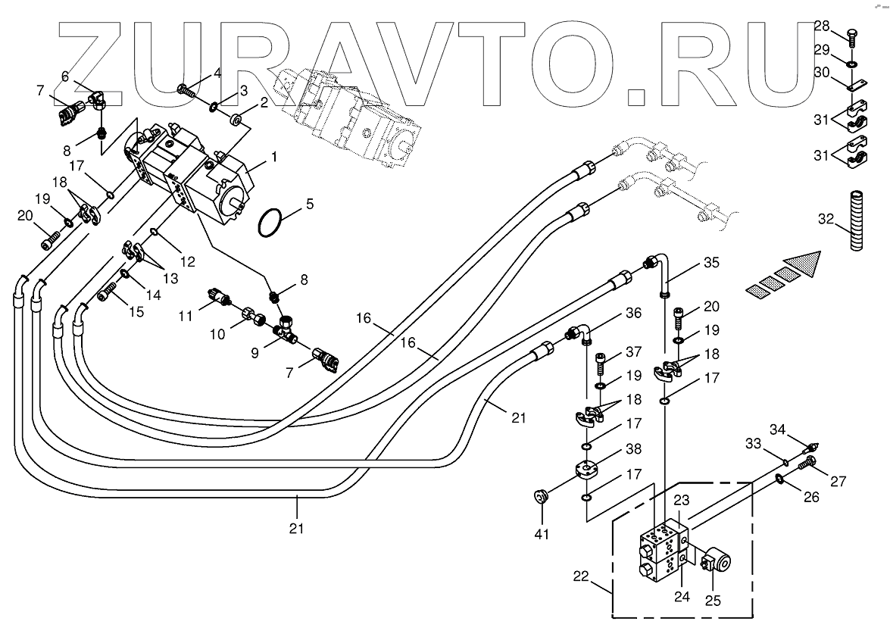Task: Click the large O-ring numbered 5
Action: (x=270, y=224)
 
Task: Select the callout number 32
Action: (x=825, y=220)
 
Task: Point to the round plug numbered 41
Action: (x=540, y=497)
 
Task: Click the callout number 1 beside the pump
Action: (x=273, y=159)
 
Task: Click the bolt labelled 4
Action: (x=186, y=90)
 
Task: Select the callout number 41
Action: (x=540, y=534)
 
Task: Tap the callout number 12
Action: (x=187, y=261)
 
